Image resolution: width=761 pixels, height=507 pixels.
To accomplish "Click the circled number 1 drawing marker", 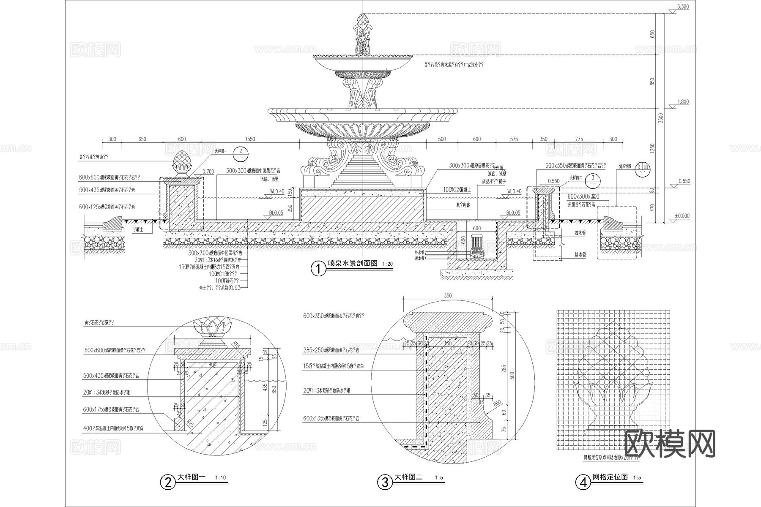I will point(318,269).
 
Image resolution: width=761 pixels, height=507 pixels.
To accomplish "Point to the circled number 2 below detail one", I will point(168,482).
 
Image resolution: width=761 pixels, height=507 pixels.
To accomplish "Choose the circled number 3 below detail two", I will point(385,482).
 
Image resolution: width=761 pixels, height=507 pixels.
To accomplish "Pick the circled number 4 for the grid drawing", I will point(583,482).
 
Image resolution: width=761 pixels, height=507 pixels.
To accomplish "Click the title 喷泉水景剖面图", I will point(353,264).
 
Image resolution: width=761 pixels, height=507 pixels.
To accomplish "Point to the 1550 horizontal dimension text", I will point(250,139).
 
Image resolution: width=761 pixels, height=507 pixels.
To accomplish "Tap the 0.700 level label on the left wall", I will point(208,172).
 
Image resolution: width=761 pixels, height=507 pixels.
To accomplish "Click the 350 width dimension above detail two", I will point(448,296).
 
